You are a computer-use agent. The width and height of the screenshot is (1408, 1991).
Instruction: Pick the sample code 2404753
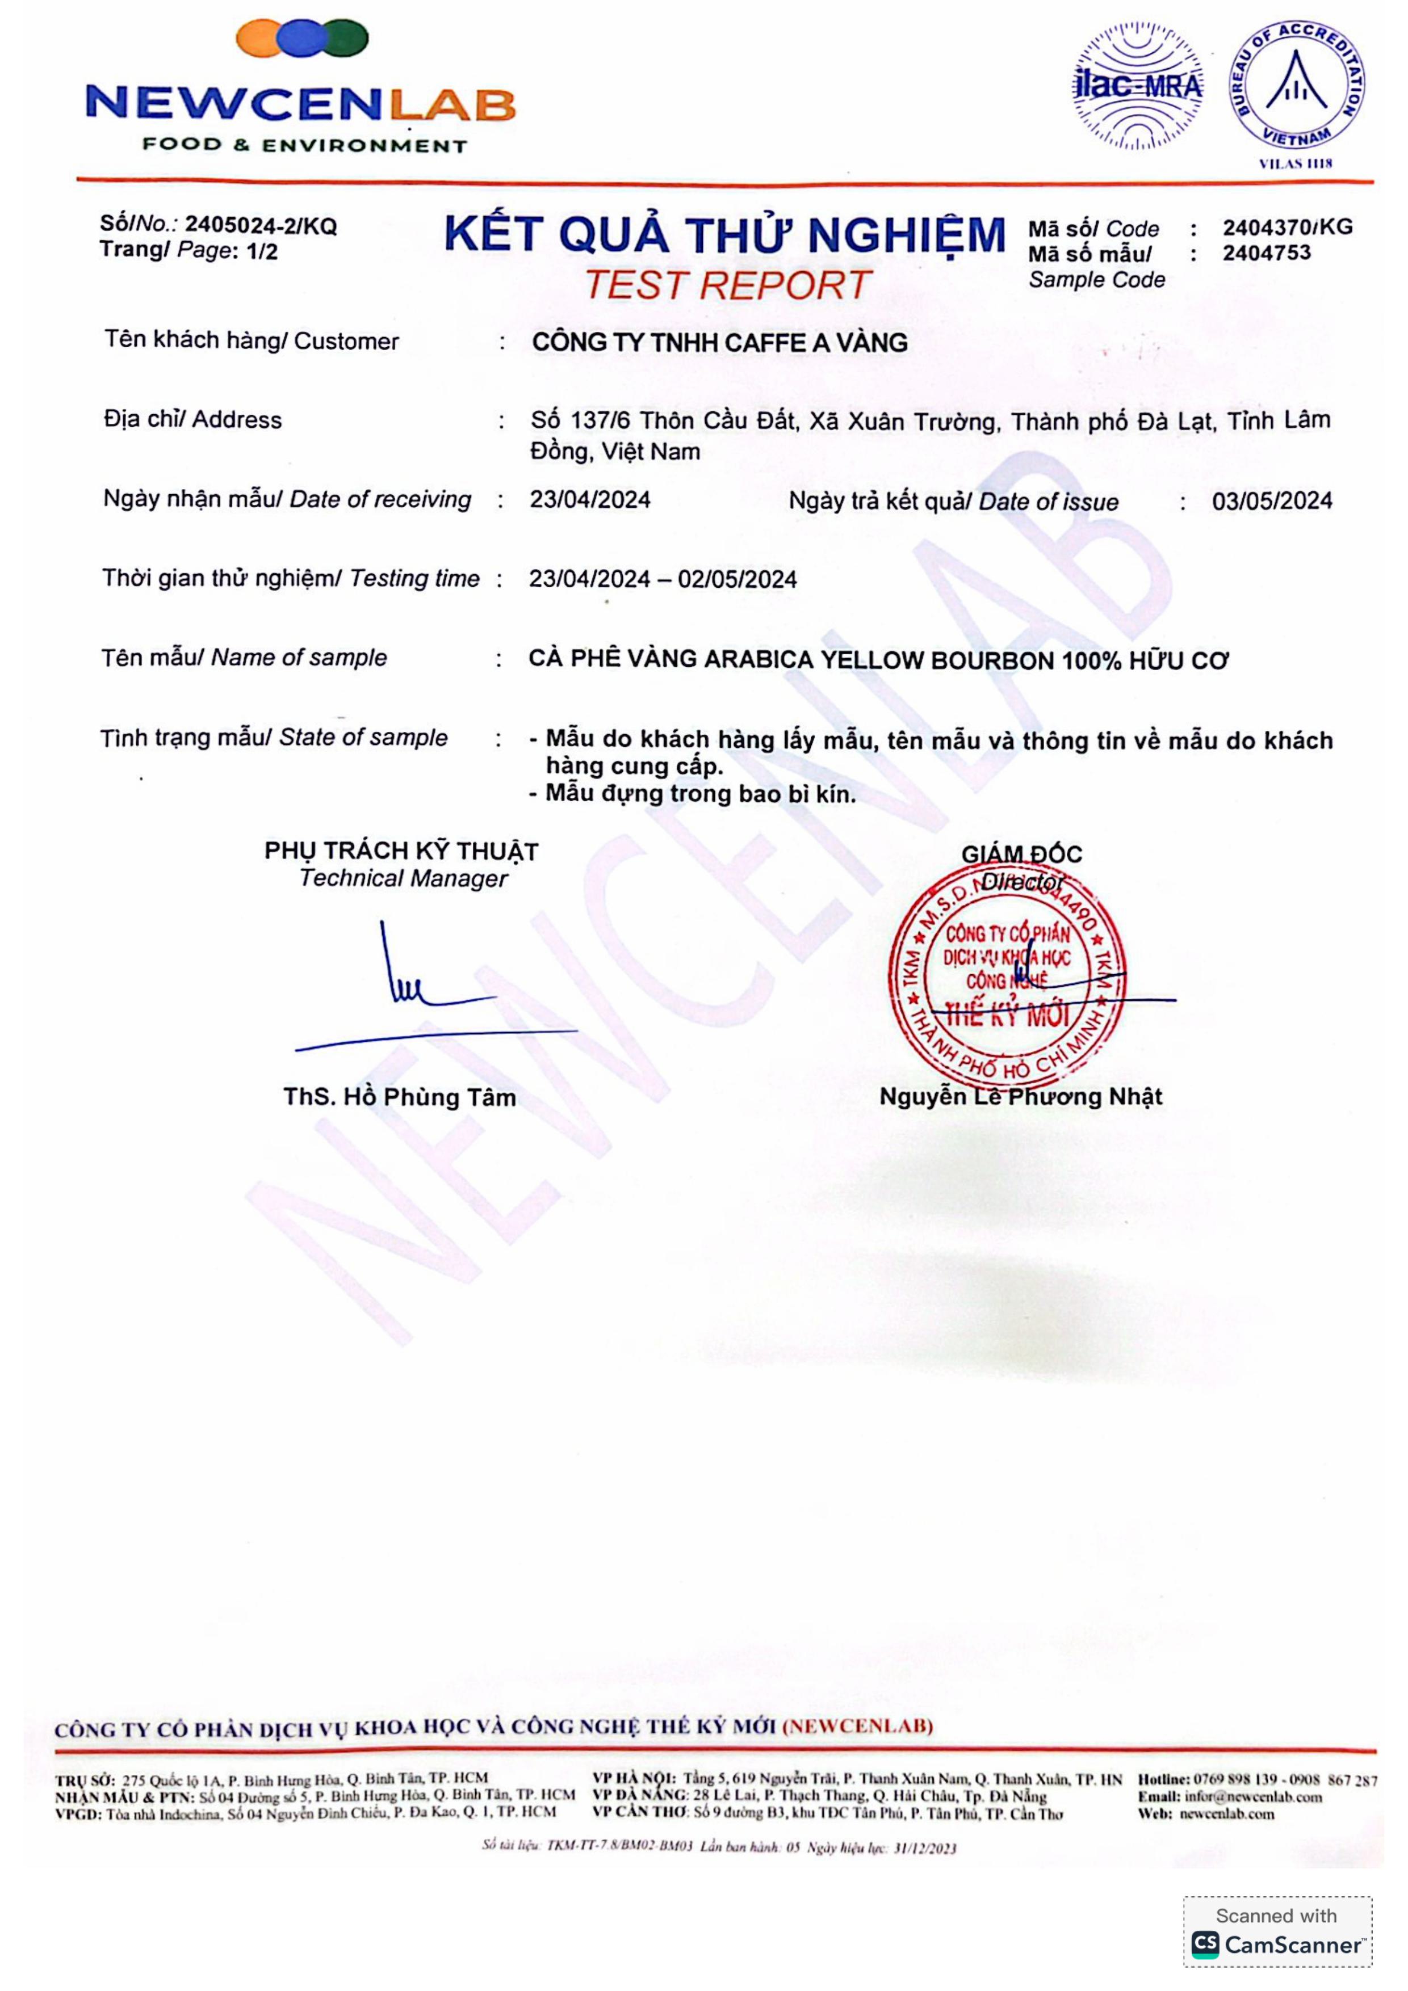click(x=1267, y=253)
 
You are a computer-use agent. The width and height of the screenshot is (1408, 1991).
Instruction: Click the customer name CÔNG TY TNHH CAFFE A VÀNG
click(x=719, y=343)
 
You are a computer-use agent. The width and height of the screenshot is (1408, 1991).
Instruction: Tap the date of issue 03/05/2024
click(x=1272, y=501)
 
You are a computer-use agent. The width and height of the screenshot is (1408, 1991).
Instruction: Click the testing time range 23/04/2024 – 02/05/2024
click(x=663, y=579)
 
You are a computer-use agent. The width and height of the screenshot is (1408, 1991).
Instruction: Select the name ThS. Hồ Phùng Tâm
click(x=399, y=1098)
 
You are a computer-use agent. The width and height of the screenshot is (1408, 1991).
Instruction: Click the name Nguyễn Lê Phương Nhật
click(x=1020, y=1097)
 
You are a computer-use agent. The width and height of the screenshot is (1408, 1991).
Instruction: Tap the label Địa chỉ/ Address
click(x=192, y=420)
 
